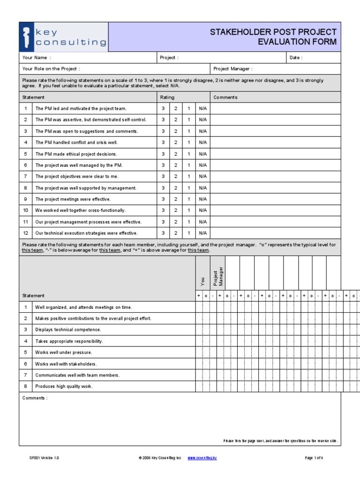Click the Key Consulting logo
click(x=64, y=37)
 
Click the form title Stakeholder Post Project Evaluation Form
click(x=273, y=37)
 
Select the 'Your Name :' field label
click(x=35, y=58)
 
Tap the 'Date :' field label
click(x=296, y=58)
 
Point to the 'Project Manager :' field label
click(x=233, y=69)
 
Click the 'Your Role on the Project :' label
click(x=51, y=69)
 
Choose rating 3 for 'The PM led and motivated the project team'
click(x=163, y=108)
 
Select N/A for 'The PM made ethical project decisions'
click(x=202, y=154)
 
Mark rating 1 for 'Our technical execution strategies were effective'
click(x=189, y=233)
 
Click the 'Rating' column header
click(x=167, y=97)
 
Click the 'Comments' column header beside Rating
click(x=225, y=97)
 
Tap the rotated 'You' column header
click(x=202, y=281)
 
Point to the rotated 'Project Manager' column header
click(x=218, y=277)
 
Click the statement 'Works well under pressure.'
click(x=64, y=352)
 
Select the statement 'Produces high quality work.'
click(x=64, y=387)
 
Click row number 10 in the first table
click(x=26, y=210)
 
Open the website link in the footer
click(x=202, y=457)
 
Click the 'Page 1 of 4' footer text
click(x=314, y=457)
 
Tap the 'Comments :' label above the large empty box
click(x=35, y=398)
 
